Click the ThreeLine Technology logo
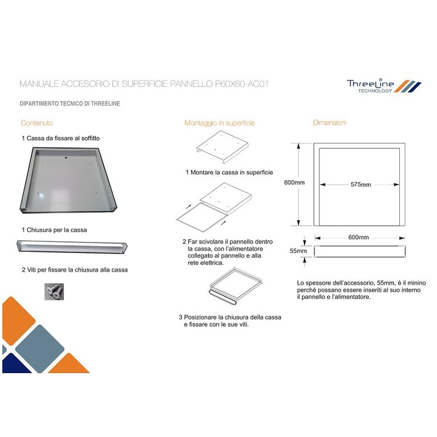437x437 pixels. click(383, 86)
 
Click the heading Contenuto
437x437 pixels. click(37, 123)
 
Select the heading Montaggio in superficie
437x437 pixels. click(219, 123)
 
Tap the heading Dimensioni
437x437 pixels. click(329, 123)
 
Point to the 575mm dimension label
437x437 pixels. click(361, 184)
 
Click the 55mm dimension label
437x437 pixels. click(298, 251)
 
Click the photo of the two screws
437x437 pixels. click(55, 292)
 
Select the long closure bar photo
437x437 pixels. click(71, 247)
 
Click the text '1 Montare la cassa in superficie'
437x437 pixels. click(229, 172)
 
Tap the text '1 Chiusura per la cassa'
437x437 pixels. click(54, 230)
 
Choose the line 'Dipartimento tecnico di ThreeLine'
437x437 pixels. click(70, 104)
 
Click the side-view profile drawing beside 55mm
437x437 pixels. click(360, 251)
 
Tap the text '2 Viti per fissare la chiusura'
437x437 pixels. click(74, 269)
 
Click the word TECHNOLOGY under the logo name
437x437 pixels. click(375, 91)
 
